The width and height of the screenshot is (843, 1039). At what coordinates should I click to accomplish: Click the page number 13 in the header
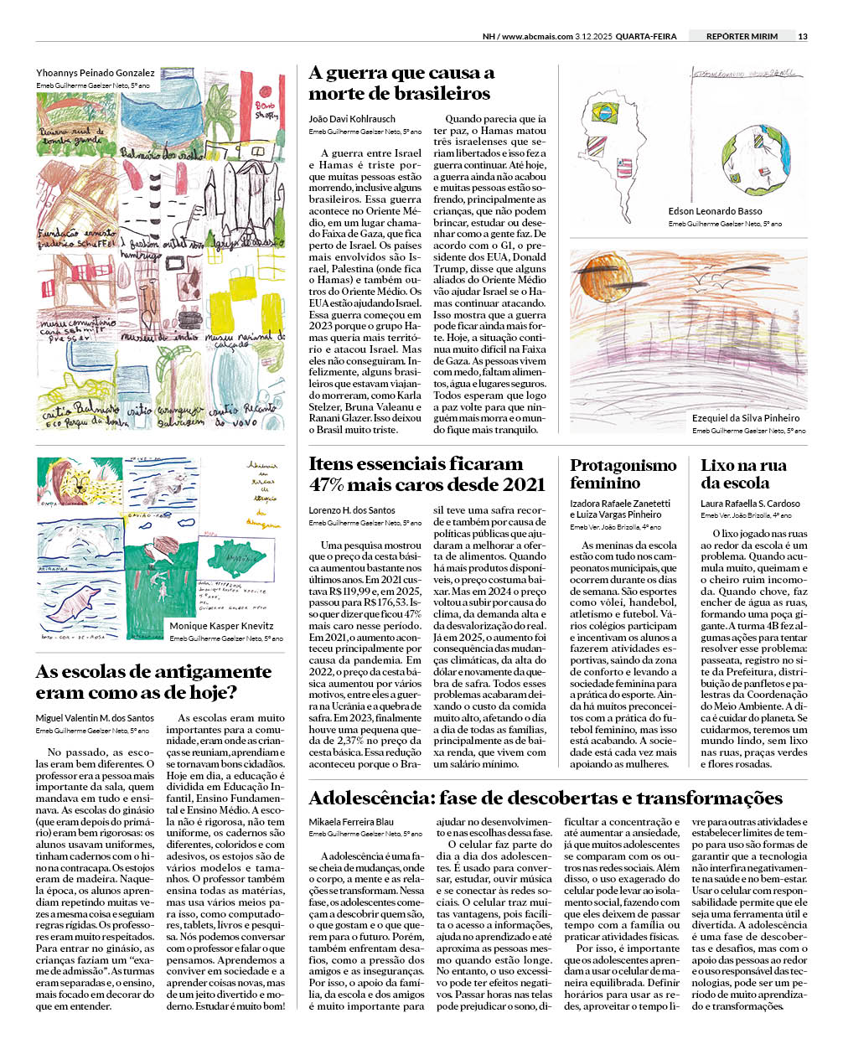point(803,36)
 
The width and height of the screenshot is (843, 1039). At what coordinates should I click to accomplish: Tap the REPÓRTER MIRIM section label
point(742,36)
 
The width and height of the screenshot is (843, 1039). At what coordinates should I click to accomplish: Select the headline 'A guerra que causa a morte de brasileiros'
point(401,83)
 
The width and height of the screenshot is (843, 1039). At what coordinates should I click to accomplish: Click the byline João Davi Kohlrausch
point(352,119)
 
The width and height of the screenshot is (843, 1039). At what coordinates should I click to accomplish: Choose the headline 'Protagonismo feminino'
point(623,473)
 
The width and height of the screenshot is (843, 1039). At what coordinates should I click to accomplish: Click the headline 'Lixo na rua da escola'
point(742,473)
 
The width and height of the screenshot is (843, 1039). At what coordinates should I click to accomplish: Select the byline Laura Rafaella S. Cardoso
point(750,504)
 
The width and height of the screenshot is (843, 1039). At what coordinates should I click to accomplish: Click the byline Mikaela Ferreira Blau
point(350,822)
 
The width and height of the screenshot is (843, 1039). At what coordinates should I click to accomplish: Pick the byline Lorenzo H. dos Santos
point(352,509)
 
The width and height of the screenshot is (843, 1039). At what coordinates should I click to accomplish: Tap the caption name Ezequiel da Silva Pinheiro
point(745,417)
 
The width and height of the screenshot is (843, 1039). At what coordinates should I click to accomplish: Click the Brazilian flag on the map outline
point(604,110)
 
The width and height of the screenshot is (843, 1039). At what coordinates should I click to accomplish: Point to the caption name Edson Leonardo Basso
point(715,211)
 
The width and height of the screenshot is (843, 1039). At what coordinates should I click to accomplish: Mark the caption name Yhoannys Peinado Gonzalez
point(95,73)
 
